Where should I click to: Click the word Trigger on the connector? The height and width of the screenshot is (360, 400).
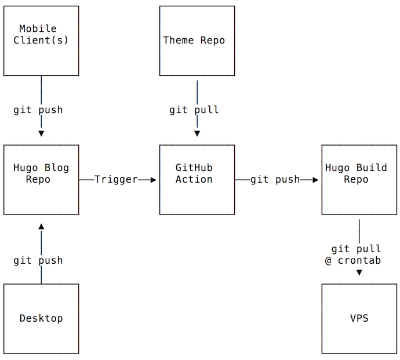(x=116, y=180)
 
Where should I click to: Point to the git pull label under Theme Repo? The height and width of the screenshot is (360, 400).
(x=194, y=110)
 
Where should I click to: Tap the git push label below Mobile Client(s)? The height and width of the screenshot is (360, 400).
(x=38, y=110)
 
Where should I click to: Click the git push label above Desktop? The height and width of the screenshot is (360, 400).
(x=38, y=261)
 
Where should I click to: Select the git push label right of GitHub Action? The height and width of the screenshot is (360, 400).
(x=275, y=180)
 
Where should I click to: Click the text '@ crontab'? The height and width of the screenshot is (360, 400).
(x=353, y=261)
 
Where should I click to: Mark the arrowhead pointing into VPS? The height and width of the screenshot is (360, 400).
(x=359, y=272)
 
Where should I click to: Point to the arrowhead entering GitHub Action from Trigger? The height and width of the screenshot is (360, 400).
(x=153, y=180)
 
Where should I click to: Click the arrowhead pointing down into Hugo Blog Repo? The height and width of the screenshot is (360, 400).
(x=41, y=133)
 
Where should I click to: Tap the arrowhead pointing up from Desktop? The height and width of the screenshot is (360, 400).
(x=41, y=226)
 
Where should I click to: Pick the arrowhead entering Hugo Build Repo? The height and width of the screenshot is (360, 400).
(x=315, y=180)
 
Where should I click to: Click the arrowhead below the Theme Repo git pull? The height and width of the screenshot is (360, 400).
(x=197, y=133)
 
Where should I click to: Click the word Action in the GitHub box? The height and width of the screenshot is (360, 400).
(x=194, y=180)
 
